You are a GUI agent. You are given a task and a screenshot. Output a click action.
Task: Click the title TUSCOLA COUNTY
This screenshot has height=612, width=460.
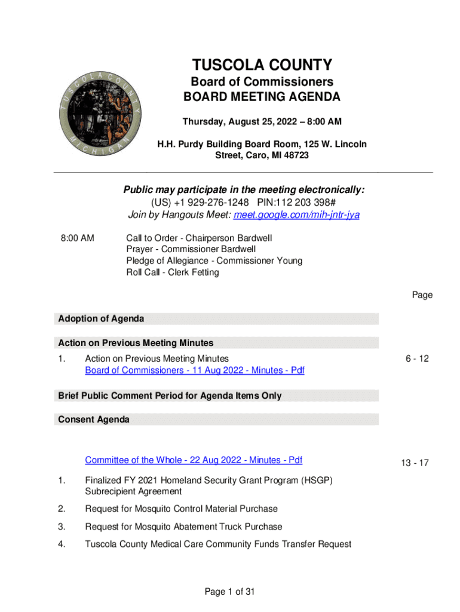point(262,65)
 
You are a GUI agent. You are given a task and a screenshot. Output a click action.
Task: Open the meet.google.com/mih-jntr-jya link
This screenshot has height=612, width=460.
point(296,215)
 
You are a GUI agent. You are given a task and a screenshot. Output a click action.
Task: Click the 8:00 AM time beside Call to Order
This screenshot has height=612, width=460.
point(77,237)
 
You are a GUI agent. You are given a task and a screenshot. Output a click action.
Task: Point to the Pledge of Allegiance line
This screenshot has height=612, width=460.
point(214,261)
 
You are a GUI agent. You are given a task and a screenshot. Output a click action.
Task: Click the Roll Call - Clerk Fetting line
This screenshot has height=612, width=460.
point(172,273)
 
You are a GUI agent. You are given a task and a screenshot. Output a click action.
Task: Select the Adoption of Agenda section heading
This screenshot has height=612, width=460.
point(101,319)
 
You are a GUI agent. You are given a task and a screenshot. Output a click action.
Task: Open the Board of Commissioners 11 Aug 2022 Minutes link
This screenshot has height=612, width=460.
point(194,371)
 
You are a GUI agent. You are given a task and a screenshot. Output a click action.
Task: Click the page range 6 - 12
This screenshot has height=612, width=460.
point(416,359)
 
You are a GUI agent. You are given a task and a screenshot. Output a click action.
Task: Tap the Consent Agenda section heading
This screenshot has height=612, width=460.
point(94,420)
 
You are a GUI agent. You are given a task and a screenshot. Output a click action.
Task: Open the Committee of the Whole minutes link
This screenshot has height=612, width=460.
point(194,460)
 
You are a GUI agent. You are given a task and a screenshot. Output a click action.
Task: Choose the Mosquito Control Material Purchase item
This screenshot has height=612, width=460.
point(181,509)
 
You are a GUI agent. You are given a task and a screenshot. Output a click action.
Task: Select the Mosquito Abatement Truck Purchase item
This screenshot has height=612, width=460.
point(183,527)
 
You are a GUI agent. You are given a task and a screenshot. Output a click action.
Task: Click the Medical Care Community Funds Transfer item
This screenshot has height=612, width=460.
point(218,544)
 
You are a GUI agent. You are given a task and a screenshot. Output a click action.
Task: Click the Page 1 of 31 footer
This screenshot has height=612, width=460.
point(230,592)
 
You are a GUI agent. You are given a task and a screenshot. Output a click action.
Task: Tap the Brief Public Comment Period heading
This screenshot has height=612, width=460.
point(170,396)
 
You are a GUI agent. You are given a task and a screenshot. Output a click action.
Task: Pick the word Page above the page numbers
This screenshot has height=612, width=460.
point(422,295)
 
